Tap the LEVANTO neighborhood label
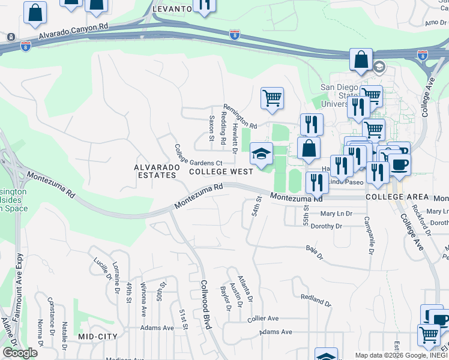(172, 10)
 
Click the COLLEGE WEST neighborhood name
(221, 172)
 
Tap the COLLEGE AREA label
(397, 197)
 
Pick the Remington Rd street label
(240, 124)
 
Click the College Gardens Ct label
(199, 155)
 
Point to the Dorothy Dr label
(327, 226)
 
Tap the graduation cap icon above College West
(261, 154)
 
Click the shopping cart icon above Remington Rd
(272, 98)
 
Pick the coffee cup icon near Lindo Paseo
(399, 164)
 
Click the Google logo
(20, 353)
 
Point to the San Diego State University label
(340, 95)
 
